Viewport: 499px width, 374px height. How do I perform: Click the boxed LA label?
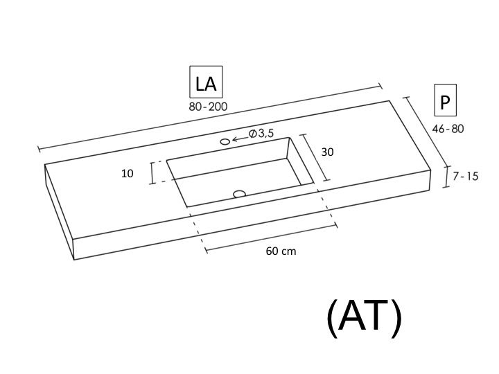click(206, 82)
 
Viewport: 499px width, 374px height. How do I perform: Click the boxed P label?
click(445, 100)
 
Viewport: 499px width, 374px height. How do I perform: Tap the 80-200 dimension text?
click(208, 107)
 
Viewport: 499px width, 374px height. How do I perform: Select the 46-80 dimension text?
click(448, 129)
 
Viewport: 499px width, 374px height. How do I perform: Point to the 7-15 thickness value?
click(466, 176)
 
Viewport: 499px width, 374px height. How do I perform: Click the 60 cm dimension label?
click(281, 251)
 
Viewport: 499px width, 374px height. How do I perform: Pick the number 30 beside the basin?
click(327, 152)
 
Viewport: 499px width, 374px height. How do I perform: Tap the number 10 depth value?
click(128, 173)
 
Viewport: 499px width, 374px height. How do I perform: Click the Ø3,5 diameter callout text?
click(261, 134)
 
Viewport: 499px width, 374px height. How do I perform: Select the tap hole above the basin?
click(225, 141)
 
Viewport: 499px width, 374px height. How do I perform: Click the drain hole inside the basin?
click(239, 194)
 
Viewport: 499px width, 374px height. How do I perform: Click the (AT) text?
click(365, 316)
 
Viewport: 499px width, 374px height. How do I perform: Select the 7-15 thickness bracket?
click(446, 177)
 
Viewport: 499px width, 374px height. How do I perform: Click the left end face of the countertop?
click(60, 211)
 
